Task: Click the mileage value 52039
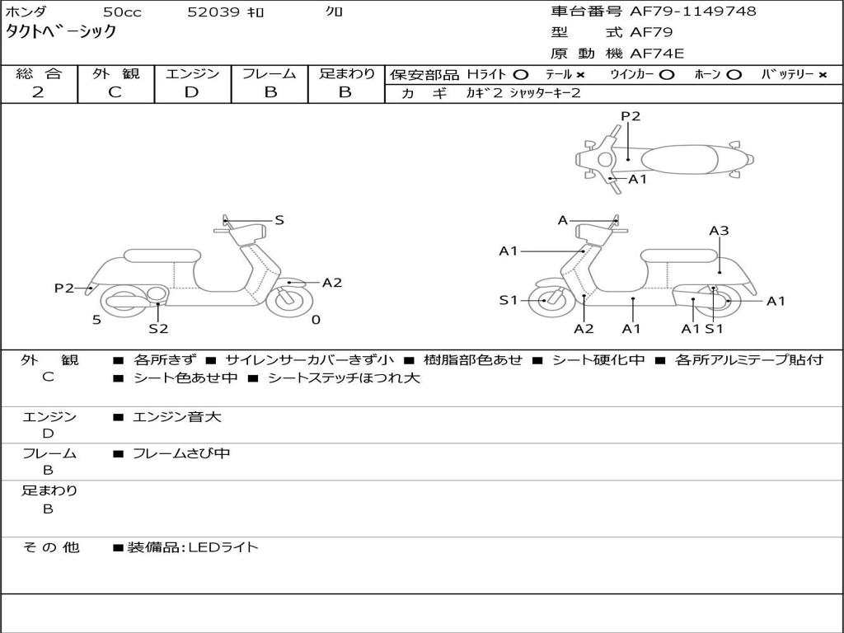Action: click(x=213, y=12)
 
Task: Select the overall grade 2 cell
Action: click(x=39, y=92)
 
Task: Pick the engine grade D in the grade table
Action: click(x=191, y=92)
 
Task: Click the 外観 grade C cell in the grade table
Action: click(x=115, y=92)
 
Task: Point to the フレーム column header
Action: click(x=270, y=74)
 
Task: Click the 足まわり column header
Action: click(x=346, y=74)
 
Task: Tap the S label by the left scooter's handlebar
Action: click(x=279, y=220)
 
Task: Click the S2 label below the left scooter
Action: click(x=158, y=329)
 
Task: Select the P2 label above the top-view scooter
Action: click(x=631, y=116)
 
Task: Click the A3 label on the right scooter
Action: click(x=719, y=231)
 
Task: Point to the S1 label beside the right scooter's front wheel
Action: click(x=509, y=300)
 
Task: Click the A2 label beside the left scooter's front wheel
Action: click(x=332, y=283)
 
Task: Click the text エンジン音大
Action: click(x=177, y=417)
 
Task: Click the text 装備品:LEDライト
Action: click(x=193, y=547)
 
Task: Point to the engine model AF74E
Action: click(x=657, y=54)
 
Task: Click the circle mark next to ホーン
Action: click(x=734, y=75)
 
